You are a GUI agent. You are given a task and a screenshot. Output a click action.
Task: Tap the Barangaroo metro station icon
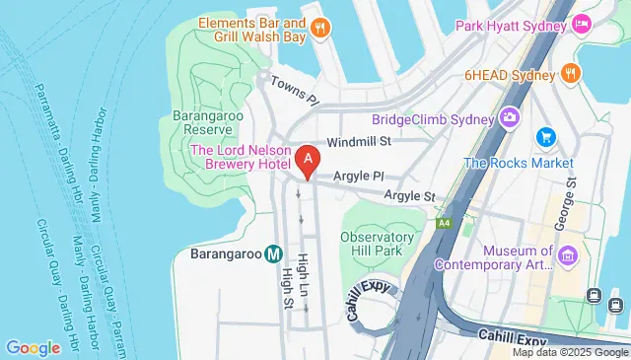(x=273, y=253)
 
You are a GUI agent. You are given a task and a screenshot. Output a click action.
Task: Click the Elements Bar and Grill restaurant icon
(x=318, y=30)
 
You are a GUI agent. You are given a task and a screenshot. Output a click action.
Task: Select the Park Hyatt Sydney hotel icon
(x=582, y=22)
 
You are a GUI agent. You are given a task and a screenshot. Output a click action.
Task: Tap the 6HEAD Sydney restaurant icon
(x=570, y=72)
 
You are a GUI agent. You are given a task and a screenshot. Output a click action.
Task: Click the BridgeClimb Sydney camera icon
(x=511, y=118)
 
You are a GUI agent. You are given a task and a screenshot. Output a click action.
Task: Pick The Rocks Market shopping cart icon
(x=543, y=136)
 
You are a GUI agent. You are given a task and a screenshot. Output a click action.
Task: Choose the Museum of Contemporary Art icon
(x=567, y=258)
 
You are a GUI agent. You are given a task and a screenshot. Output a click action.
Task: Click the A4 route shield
(x=444, y=222)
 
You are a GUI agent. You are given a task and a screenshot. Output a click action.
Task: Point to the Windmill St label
(x=361, y=142)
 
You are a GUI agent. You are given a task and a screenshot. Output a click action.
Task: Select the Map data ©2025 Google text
(x=569, y=352)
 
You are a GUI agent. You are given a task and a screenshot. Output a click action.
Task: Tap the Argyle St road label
(x=409, y=196)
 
